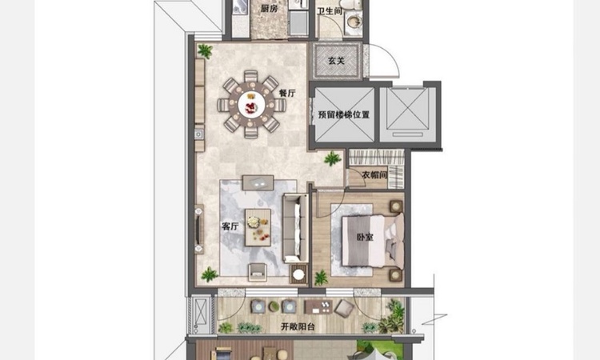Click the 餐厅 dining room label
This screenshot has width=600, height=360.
point(287,93)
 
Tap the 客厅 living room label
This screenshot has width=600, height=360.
point(230,226)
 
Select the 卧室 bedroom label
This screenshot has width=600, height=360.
point(365,237)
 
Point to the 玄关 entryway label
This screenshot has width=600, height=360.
point(337,61)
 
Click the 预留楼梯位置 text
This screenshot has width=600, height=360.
point(344,114)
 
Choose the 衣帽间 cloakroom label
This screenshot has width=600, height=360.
point(374,175)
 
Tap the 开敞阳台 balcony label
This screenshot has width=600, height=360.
point(298,326)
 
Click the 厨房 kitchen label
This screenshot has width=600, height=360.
point(269,9)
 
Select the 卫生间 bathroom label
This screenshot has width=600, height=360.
point(330,11)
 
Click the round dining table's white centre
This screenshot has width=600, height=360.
point(251,105)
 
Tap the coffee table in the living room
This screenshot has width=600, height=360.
point(258,227)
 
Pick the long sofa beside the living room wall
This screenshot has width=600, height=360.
point(295,228)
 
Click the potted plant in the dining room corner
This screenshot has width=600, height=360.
point(205,51)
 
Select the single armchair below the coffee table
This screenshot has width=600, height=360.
point(257,272)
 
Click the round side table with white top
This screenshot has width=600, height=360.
point(298,274)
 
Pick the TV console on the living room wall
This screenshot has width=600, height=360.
point(199,229)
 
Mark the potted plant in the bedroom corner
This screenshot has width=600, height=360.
point(321,278)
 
